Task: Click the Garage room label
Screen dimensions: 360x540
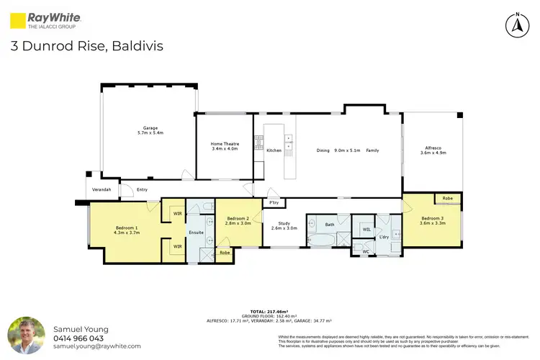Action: click(x=150, y=130)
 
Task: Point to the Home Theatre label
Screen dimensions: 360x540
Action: click(x=225, y=146)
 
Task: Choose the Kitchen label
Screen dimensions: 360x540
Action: click(x=274, y=150)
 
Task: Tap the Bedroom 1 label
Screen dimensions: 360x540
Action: click(x=126, y=230)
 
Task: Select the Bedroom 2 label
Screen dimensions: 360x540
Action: click(x=238, y=220)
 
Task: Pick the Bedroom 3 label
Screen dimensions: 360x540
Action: click(x=433, y=220)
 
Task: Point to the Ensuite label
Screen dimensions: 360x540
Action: click(x=197, y=233)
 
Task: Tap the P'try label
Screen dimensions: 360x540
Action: click(x=274, y=203)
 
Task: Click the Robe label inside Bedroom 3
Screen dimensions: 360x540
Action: click(x=447, y=197)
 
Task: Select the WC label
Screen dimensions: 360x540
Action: click(x=365, y=251)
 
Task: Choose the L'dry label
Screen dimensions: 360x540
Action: click(x=384, y=237)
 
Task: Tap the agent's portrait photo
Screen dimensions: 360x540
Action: click(x=26, y=336)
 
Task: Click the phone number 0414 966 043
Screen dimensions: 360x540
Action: click(x=78, y=338)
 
